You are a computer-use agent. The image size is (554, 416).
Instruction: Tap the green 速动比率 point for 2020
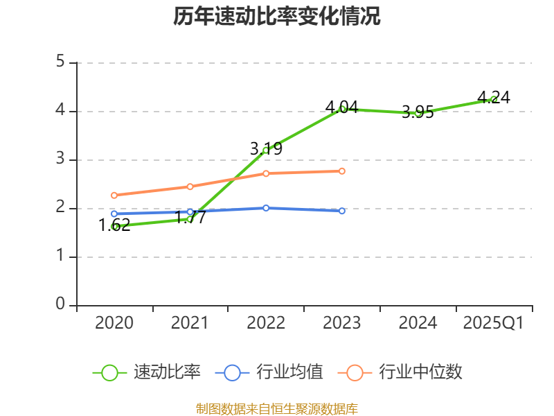[114, 226]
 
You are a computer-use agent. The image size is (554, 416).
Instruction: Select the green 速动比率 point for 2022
[266, 150]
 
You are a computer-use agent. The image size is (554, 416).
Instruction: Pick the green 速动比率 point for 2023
[342, 109]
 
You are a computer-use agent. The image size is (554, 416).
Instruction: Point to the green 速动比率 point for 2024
[418, 112]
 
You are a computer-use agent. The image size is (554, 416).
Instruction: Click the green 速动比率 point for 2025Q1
[494, 99]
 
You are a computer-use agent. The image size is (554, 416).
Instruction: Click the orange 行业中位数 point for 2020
[114, 196]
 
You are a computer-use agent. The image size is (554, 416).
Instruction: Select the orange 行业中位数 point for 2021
[190, 187]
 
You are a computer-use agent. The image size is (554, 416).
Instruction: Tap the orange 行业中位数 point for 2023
[342, 171]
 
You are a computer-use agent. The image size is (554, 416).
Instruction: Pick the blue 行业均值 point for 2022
[266, 208]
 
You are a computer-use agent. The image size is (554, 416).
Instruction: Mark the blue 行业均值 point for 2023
[342, 211]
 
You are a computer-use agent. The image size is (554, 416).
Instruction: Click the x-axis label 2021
[190, 323]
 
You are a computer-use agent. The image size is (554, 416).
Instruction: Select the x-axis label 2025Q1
[494, 323]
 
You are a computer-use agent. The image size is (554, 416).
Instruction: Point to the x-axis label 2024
[418, 323]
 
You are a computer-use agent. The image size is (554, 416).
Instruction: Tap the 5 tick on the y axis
[60, 62]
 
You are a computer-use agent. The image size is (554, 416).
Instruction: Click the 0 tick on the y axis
[60, 305]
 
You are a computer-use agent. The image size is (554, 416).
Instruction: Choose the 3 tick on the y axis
[60, 159]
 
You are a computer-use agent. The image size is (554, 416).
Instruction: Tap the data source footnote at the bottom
[276, 408]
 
